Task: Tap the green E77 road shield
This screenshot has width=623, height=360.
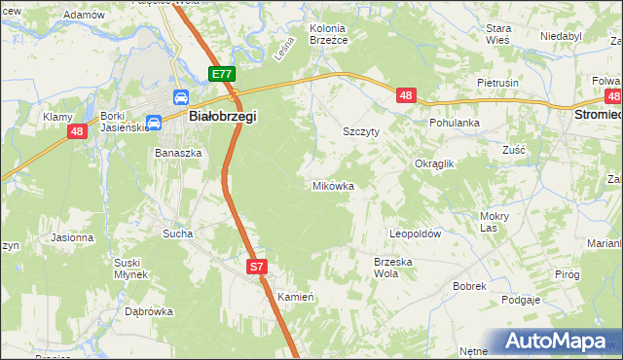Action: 222,74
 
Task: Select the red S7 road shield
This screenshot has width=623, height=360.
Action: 256,266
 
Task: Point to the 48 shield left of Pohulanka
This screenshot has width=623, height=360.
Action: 407,95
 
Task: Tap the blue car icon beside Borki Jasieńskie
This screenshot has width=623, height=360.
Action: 154,123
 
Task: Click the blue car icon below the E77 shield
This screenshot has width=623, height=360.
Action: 181,96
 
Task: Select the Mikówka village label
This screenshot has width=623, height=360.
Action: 332,185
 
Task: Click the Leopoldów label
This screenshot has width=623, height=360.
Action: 416,234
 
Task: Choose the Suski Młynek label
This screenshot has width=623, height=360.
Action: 128,269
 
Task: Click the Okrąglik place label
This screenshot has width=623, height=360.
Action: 435,164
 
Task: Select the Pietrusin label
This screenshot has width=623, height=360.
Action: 497,84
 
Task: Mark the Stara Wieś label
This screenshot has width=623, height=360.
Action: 498,35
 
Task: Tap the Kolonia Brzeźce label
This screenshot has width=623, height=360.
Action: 329,35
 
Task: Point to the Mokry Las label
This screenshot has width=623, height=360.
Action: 495,222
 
